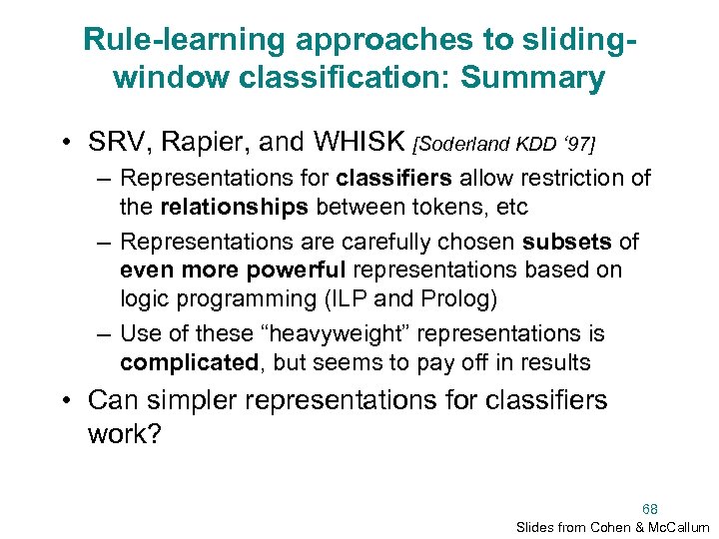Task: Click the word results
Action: [x=554, y=361]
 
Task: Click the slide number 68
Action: [x=650, y=508]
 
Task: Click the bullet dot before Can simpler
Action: [x=65, y=401]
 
